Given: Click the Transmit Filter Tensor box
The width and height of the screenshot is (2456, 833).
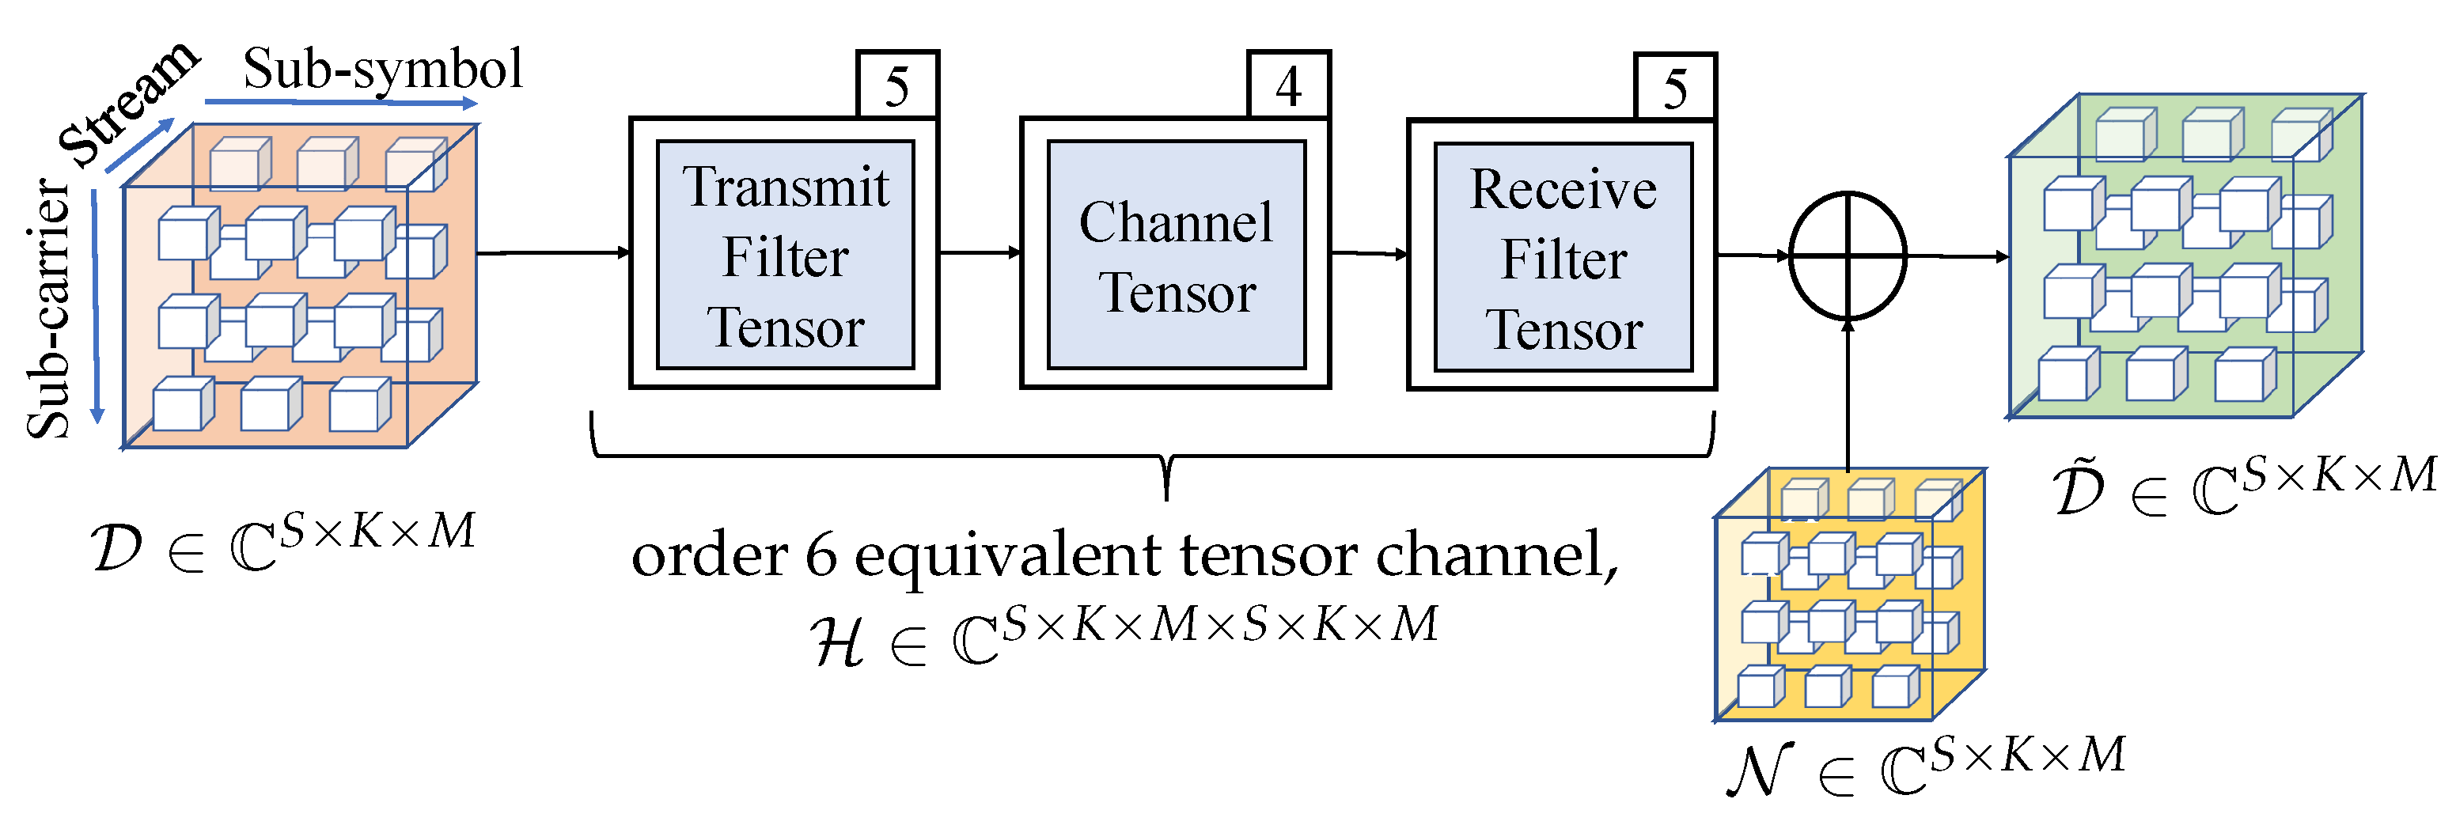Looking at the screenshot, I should coord(785,255).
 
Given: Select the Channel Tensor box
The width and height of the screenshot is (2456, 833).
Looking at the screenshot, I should coord(1176,255).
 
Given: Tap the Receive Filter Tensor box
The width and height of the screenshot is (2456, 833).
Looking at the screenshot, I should coord(1563,256).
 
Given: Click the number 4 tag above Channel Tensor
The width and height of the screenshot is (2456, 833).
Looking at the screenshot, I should coord(1289,85).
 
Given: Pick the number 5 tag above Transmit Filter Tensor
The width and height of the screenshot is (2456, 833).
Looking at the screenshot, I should coord(897,85).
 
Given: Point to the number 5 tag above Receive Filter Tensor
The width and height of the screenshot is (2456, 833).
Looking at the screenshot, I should coord(1675,88).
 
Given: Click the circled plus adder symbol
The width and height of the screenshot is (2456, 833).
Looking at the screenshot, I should coord(1848,256).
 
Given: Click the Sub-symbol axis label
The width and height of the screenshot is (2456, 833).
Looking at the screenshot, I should coord(382,69).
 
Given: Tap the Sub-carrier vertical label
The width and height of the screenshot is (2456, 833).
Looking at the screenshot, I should coord(47,310).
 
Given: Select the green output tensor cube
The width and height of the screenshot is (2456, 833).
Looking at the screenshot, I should coord(2183,257).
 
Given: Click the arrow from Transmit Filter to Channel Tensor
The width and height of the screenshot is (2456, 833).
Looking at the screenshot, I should coord(980,252).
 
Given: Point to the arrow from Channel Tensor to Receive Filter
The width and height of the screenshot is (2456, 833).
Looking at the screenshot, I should coord(1369,253).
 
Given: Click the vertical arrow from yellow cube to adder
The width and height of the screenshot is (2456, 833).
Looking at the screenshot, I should coord(1848,396).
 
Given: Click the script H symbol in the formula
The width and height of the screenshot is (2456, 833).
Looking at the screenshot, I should coord(838,641).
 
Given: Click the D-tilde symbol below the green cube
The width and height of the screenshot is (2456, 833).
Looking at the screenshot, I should coord(2079,488).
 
